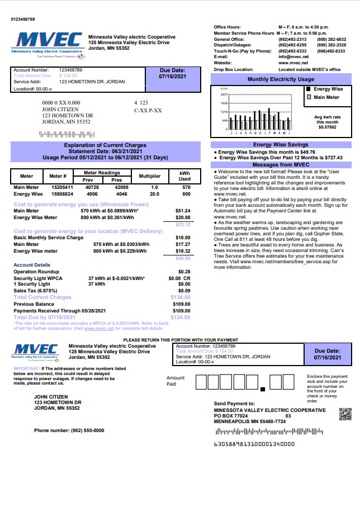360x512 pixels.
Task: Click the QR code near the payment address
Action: (x=345, y=415)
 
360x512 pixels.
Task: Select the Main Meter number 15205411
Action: (x=62, y=187)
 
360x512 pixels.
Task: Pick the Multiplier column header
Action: (x=149, y=176)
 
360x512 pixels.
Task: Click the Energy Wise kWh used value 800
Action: (x=186, y=194)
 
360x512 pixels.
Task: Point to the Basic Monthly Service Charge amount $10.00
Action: (x=183, y=238)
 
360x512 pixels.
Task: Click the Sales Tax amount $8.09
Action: (x=184, y=291)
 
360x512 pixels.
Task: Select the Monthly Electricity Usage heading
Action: (x=281, y=79)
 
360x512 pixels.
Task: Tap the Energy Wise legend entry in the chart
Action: (x=328, y=89)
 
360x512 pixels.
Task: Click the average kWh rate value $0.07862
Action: (x=328, y=127)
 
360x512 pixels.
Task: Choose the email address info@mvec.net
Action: (x=293, y=56)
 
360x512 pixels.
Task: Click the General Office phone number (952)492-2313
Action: (x=292, y=39)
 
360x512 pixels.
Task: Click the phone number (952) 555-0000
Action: (x=69, y=430)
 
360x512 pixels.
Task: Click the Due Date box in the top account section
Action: (x=172, y=74)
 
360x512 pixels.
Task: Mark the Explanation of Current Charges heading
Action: (x=105, y=145)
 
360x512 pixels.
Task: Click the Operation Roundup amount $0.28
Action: (x=184, y=271)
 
